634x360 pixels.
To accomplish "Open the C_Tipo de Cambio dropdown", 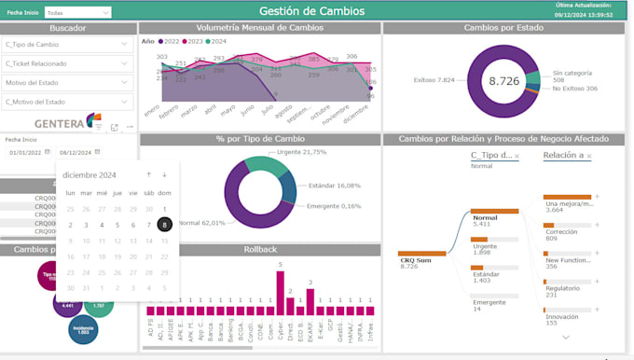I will pos(67,44).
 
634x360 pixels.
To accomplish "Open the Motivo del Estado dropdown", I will pos(67,82).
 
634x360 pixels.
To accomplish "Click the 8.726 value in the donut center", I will pos(503,81).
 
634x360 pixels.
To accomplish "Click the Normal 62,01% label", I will pos(201,223).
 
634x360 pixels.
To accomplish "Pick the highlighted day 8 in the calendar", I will pos(164,225).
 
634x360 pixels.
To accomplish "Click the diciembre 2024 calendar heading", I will pos(90,174).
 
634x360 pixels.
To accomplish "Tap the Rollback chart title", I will pos(260,250).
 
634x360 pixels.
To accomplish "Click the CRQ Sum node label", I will pos(415,260).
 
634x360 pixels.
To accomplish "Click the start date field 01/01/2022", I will pos(25,152).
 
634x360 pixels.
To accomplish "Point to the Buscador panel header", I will pos(67,28).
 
